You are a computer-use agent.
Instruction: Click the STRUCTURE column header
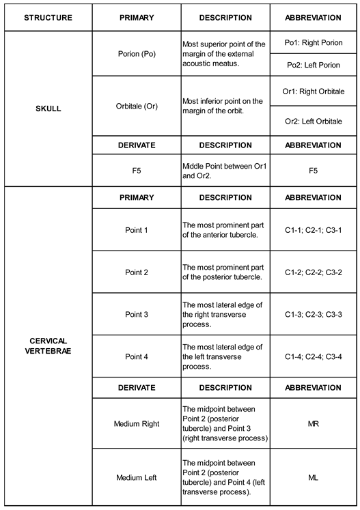(48, 16)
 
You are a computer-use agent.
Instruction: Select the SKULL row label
(48, 108)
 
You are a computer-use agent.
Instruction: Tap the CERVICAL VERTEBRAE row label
(48, 345)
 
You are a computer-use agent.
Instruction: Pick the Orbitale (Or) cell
(137, 106)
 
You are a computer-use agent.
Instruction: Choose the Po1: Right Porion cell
(313, 42)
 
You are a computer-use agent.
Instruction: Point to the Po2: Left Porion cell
(313, 66)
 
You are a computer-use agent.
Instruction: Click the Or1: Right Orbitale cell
(313, 91)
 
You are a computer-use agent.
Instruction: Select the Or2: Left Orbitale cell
(313, 122)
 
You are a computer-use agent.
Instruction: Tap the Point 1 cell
(137, 230)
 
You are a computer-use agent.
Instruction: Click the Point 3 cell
(137, 314)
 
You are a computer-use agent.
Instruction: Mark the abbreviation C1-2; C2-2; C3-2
(313, 272)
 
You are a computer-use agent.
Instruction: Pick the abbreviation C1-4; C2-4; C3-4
(313, 356)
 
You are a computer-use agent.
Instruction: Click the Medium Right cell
(137, 423)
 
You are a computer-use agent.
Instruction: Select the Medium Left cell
(137, 477)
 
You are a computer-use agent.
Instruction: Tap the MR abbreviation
(313, 423)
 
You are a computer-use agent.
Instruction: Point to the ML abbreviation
(313, 477)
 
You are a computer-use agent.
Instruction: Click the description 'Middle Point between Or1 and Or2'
(225, 170)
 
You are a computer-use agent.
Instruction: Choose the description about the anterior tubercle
(225, 230)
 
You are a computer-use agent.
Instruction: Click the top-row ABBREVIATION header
(313, 16)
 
